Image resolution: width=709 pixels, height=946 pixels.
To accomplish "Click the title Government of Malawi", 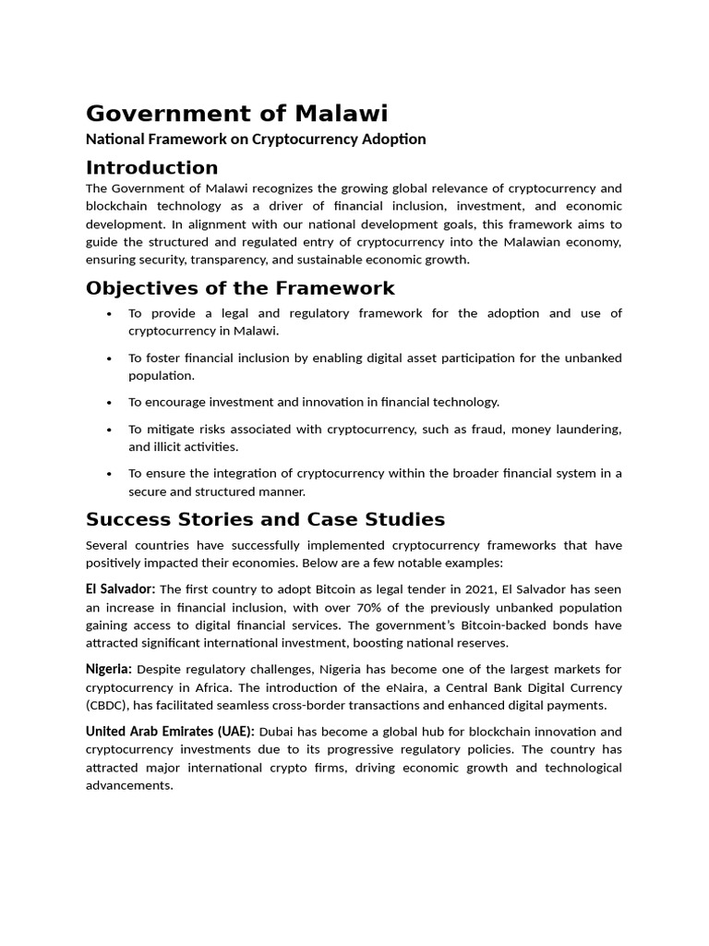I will click(237, 114).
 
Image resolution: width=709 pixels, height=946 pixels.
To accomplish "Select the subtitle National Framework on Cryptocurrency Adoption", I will click(256, 139).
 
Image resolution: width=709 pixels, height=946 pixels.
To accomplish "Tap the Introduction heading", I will click(152, 168).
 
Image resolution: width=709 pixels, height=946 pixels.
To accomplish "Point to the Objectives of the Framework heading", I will click(240, 288).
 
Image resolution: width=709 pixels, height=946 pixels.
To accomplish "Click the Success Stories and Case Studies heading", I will click(265, 519).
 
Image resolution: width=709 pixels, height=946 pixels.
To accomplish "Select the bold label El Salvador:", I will click(121, 589).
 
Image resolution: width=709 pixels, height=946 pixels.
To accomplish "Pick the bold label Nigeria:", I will click(109, 669).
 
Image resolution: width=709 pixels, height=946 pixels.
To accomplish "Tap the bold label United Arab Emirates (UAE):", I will click(170, 732).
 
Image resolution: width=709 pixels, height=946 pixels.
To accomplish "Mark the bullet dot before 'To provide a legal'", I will click(110, 314).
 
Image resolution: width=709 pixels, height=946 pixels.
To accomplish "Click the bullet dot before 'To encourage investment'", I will click(110, 403).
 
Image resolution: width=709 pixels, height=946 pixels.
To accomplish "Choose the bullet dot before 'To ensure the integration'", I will click(110, 474).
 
